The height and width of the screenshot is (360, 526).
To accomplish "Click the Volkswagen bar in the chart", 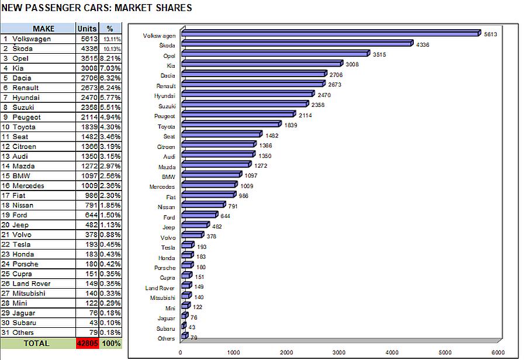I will [330, 34].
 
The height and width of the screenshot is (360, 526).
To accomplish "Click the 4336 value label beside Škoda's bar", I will [423, 44].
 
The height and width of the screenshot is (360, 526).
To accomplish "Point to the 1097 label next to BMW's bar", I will [251, 175].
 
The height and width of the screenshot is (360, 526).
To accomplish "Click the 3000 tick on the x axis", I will [340, 352].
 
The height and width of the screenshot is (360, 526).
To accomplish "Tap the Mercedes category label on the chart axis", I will [162, 187].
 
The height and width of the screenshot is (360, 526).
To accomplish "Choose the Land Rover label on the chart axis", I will [160, 288].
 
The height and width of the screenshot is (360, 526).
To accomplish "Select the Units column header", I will [86, 29].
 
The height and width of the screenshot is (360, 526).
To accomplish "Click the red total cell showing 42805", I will [87, 344].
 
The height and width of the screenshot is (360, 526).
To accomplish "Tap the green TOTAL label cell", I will [36, 344].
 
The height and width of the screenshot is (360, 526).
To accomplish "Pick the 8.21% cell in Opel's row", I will [110, 58].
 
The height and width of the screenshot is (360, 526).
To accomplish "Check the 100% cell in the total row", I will [110, 344].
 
